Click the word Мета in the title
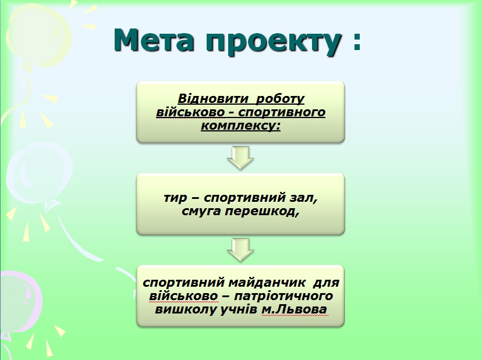pyautogui.click(x=154, y=40)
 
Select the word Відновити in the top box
pyautogui.click(x=213, y=99)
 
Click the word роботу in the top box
pyautogui.click(x=280, y=99)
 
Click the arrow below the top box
pyautogui.click(x=240, y=158)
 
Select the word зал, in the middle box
pyautogui.click(x=303, y=198)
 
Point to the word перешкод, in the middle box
pyautogui.click(x=261, y=212)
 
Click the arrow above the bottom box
pyautogui.click(x=240, y=249)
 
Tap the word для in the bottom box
pyautogui.click(x=326, y=283)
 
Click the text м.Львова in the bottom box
pyautogui.click(x=294, y=309)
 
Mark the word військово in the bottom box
pyautogui.click(x=184, y=296)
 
